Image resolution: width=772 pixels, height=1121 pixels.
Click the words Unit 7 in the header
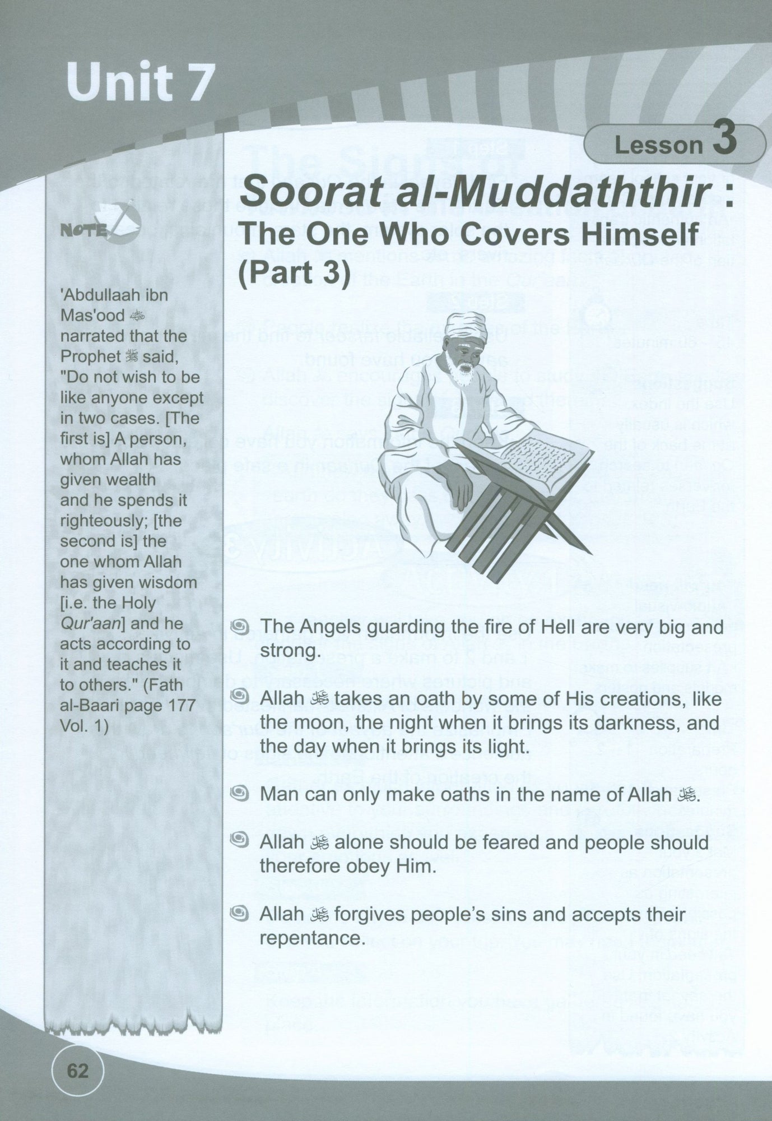pyautogui.click(x=140, y=83)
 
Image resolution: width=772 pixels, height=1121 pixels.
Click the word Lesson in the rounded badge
pyautogui.click(x=658, y=145)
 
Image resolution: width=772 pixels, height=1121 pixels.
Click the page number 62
pyautogui.click(x=78, y=1071)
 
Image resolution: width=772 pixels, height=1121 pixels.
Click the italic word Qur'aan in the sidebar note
pyautogui.click(x=86, y=623)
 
